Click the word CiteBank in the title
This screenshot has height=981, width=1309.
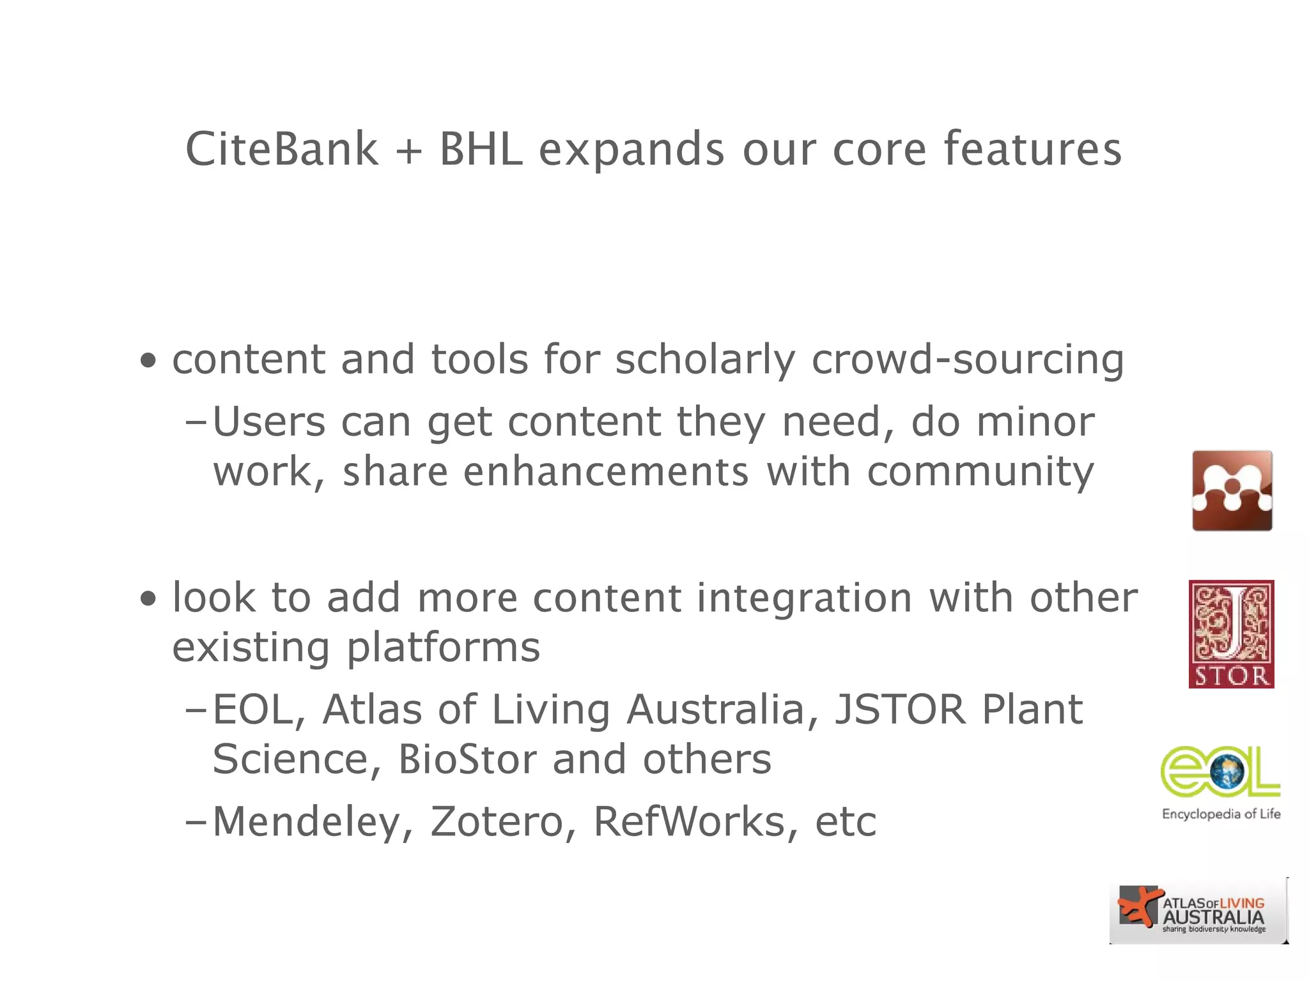281,149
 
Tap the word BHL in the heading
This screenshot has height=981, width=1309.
481,149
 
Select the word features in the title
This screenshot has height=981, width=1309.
1032,149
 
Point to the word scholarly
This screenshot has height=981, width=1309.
704,360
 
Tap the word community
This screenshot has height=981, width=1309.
980,473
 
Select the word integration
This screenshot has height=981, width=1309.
804,599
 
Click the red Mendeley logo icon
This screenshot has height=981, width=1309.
1232,490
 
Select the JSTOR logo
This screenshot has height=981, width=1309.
1231,634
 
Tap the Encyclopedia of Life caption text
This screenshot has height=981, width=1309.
1221,814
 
